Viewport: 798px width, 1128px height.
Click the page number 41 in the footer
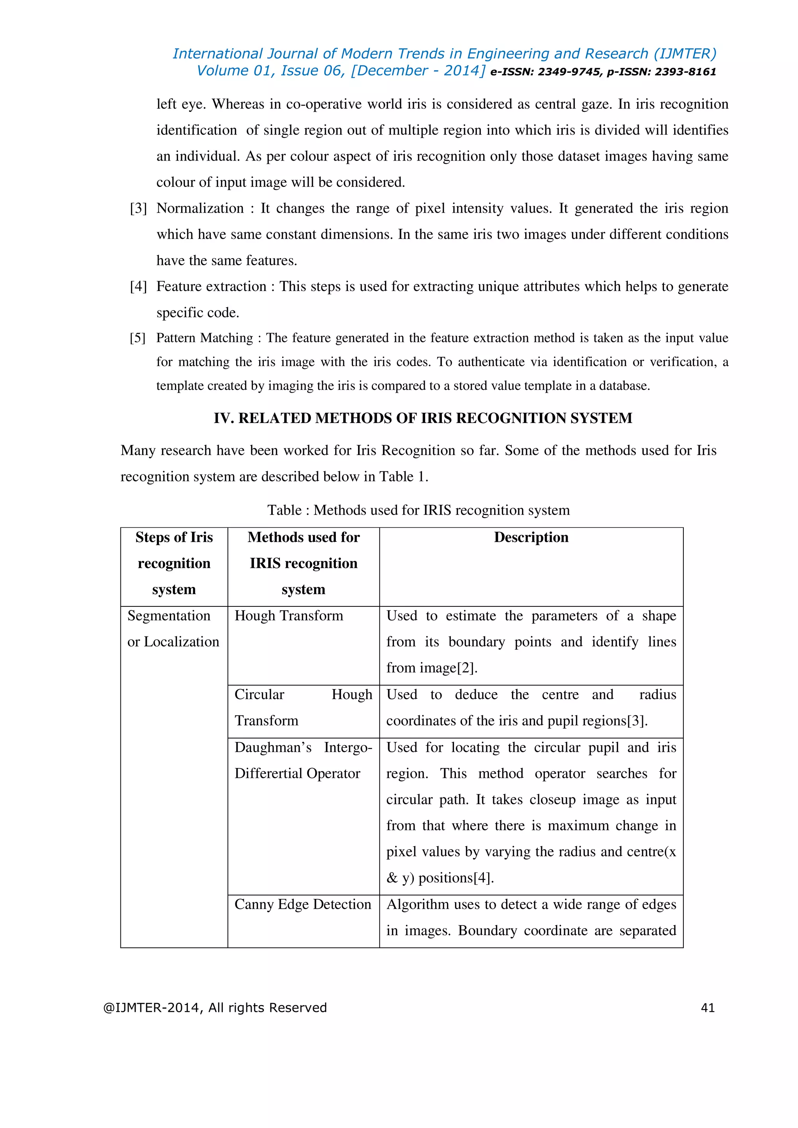coord(707,1008)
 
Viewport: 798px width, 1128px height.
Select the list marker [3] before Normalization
coord(138,208)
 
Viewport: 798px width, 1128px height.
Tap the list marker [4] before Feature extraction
coord(138,286)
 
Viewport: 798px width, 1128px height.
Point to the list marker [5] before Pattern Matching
coord(138,338)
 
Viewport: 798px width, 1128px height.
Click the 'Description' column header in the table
coord(531,537)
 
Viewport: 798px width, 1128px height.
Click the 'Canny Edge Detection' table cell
coord(303,904)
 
